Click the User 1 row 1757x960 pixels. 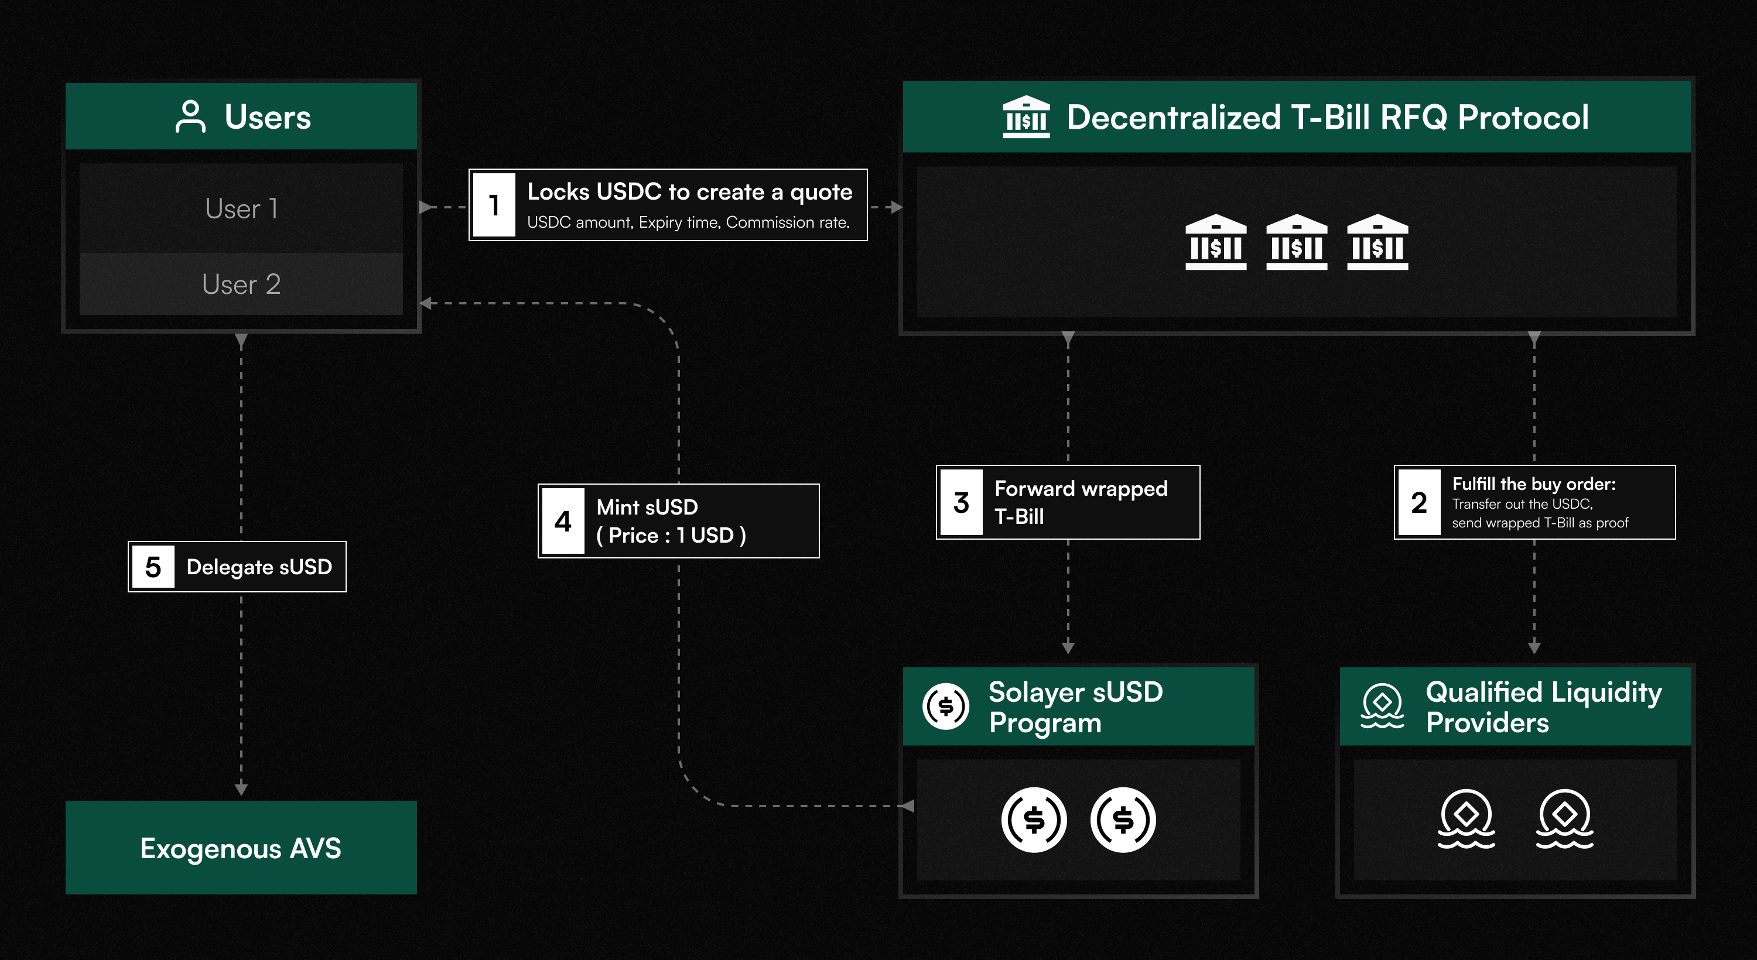click(241, 208)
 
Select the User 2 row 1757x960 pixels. click(241, 284)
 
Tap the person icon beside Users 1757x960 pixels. click(190, 116)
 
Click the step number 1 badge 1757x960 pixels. click(494, 204)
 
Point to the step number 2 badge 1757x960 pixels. click(1418, 502)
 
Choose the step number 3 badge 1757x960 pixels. click(961, 502)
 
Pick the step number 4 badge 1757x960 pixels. click(563, 522)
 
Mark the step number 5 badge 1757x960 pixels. click(153, 567)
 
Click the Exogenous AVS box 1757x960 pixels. click(241, 848)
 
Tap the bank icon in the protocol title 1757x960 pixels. click(1026, 116)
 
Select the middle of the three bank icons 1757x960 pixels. click(1296, 243)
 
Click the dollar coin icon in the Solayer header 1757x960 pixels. click(945, 707)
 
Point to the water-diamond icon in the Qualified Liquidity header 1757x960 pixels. click(1382, 707)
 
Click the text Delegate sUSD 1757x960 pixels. click(259, 567)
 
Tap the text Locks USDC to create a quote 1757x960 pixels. click(689, 192)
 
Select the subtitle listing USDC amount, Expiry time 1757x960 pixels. click(688, 222)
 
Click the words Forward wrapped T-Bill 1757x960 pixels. click(1081, 502)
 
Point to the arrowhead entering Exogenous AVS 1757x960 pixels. click(241, 790)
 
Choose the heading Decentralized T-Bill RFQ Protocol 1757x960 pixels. click(1327, 116)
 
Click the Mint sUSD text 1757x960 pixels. click(647, 508)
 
